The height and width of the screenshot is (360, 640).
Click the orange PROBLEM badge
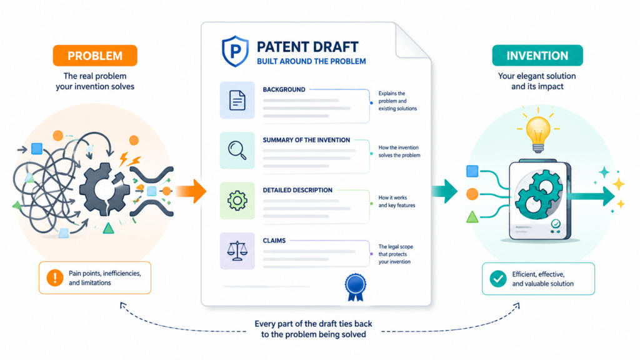pyautogui.click(x=95, y=56)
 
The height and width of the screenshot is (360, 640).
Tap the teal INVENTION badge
pyautogui.click(x=537, y=56)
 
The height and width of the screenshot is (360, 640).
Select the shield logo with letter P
pyautogui.click(x=235, y=51)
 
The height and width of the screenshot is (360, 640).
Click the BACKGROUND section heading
pyautogui.click(x=284, y=89)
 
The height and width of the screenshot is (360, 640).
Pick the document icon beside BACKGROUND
pyautogui.click(x=237, y=101)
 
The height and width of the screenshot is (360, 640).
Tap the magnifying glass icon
pyautogui.click(x=237, y=150)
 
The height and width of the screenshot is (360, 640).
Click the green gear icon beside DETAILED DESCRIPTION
pyautogui.click(x=237, y=201)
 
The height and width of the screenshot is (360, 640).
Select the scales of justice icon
pyautogui.click(x=237, y=251)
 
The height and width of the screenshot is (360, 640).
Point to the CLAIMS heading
pyautogui.click(x=274, y=241)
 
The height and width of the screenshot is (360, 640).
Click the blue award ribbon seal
pyautogui.click(x=355, y=287)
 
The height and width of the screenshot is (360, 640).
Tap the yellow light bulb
pyautogui.click(x=538, y=132)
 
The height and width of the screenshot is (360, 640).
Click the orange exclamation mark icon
pyautogui.click(x=55, y=277)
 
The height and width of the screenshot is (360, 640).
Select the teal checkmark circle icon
pyautogui.click(x=498, y=279)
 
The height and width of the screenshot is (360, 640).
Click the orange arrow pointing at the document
pyautogui.click(x=191, y=191)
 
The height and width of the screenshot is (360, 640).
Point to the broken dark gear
pyautogui.click(x=104, y=189)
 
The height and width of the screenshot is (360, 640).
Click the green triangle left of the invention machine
pyautogui.click(x=472, y=217)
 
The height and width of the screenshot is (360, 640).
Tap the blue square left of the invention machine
pyautogui.click(x=472, y=171)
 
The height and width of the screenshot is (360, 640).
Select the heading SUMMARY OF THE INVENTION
pyautogui.click(x=306, y=140)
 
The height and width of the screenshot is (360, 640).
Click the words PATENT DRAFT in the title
pyautogui.click(x=307, y=47)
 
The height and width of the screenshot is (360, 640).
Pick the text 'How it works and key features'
pyautogui.click(x=396, y=201)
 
